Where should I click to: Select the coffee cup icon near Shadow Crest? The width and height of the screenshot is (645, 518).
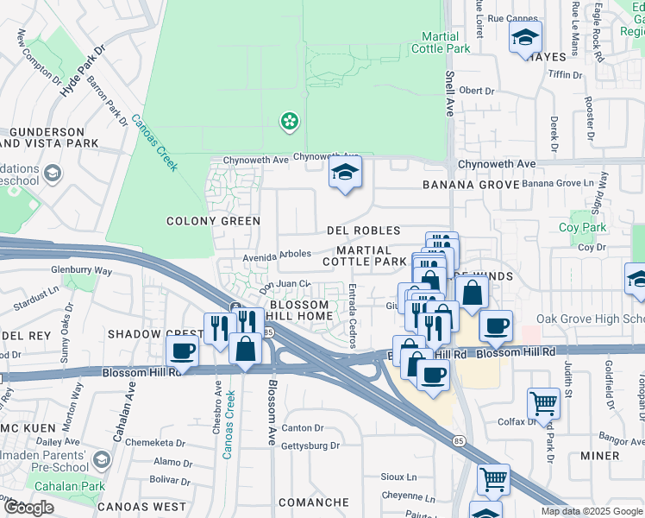[x=183, y=351]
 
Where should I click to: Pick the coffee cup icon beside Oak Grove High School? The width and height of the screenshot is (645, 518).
[x=496, y=326]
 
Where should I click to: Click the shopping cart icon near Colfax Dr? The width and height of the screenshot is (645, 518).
[x=544, y=401]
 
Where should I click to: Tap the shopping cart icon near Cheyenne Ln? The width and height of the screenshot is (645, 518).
[x=493, y=478]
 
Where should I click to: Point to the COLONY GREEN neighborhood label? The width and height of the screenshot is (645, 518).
[x=213, y=221]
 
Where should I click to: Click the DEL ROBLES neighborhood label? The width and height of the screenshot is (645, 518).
[x=364, y=231]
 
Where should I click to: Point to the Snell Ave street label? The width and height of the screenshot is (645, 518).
[x=449, y=95]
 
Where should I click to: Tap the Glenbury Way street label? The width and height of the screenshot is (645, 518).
[x=81, y=270]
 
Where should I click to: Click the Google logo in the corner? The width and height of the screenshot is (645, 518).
[x=28, y=508]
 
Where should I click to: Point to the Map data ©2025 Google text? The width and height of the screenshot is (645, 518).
[x=592, y=511]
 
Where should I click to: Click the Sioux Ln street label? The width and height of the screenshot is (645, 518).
[x=398, y=477]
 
